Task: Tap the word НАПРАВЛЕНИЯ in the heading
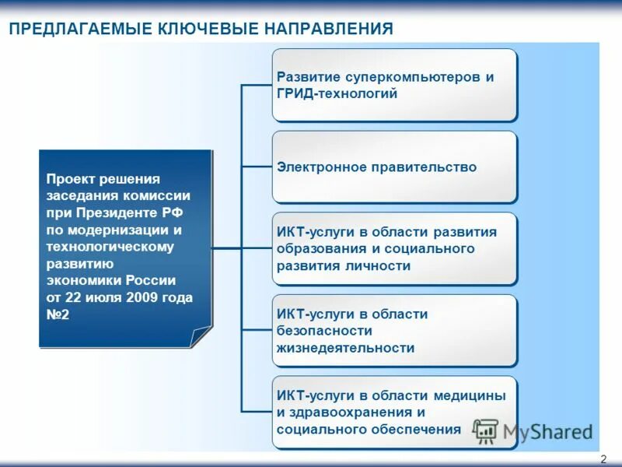[x=332, y=29]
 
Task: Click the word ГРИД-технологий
[x=337, y=93]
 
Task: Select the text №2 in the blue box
[x=58, y=314]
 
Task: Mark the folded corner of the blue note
[x=201, y=337]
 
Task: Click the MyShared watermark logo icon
[x=486, y=430]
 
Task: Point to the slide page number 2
[x=603, y=459]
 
